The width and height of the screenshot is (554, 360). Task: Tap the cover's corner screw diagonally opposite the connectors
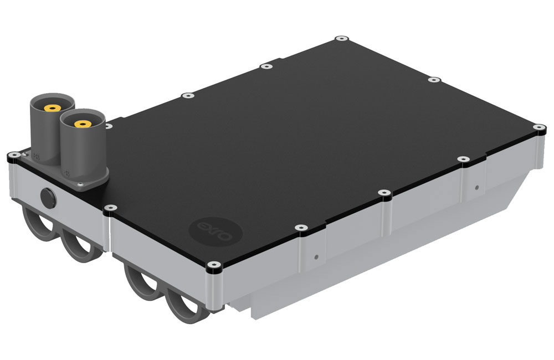pos(537,128)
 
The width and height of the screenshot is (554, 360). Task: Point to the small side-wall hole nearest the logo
pos(315,256)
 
